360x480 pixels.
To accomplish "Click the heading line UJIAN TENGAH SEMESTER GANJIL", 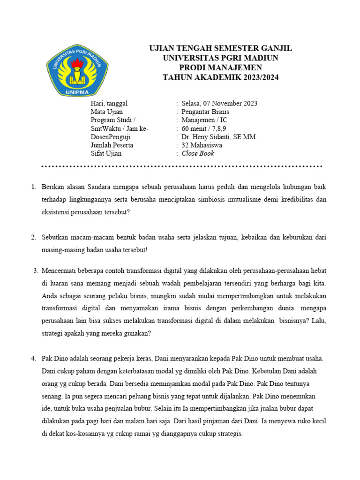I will [220, 49].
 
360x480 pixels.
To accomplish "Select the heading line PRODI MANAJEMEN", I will [220, 68].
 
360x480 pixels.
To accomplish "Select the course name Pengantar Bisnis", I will [205, 112].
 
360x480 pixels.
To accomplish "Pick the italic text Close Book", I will [198, 154].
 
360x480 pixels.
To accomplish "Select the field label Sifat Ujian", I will [106, 154].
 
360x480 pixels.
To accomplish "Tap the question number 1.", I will [33, 187].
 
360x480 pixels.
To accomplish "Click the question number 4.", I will [33, 359].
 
